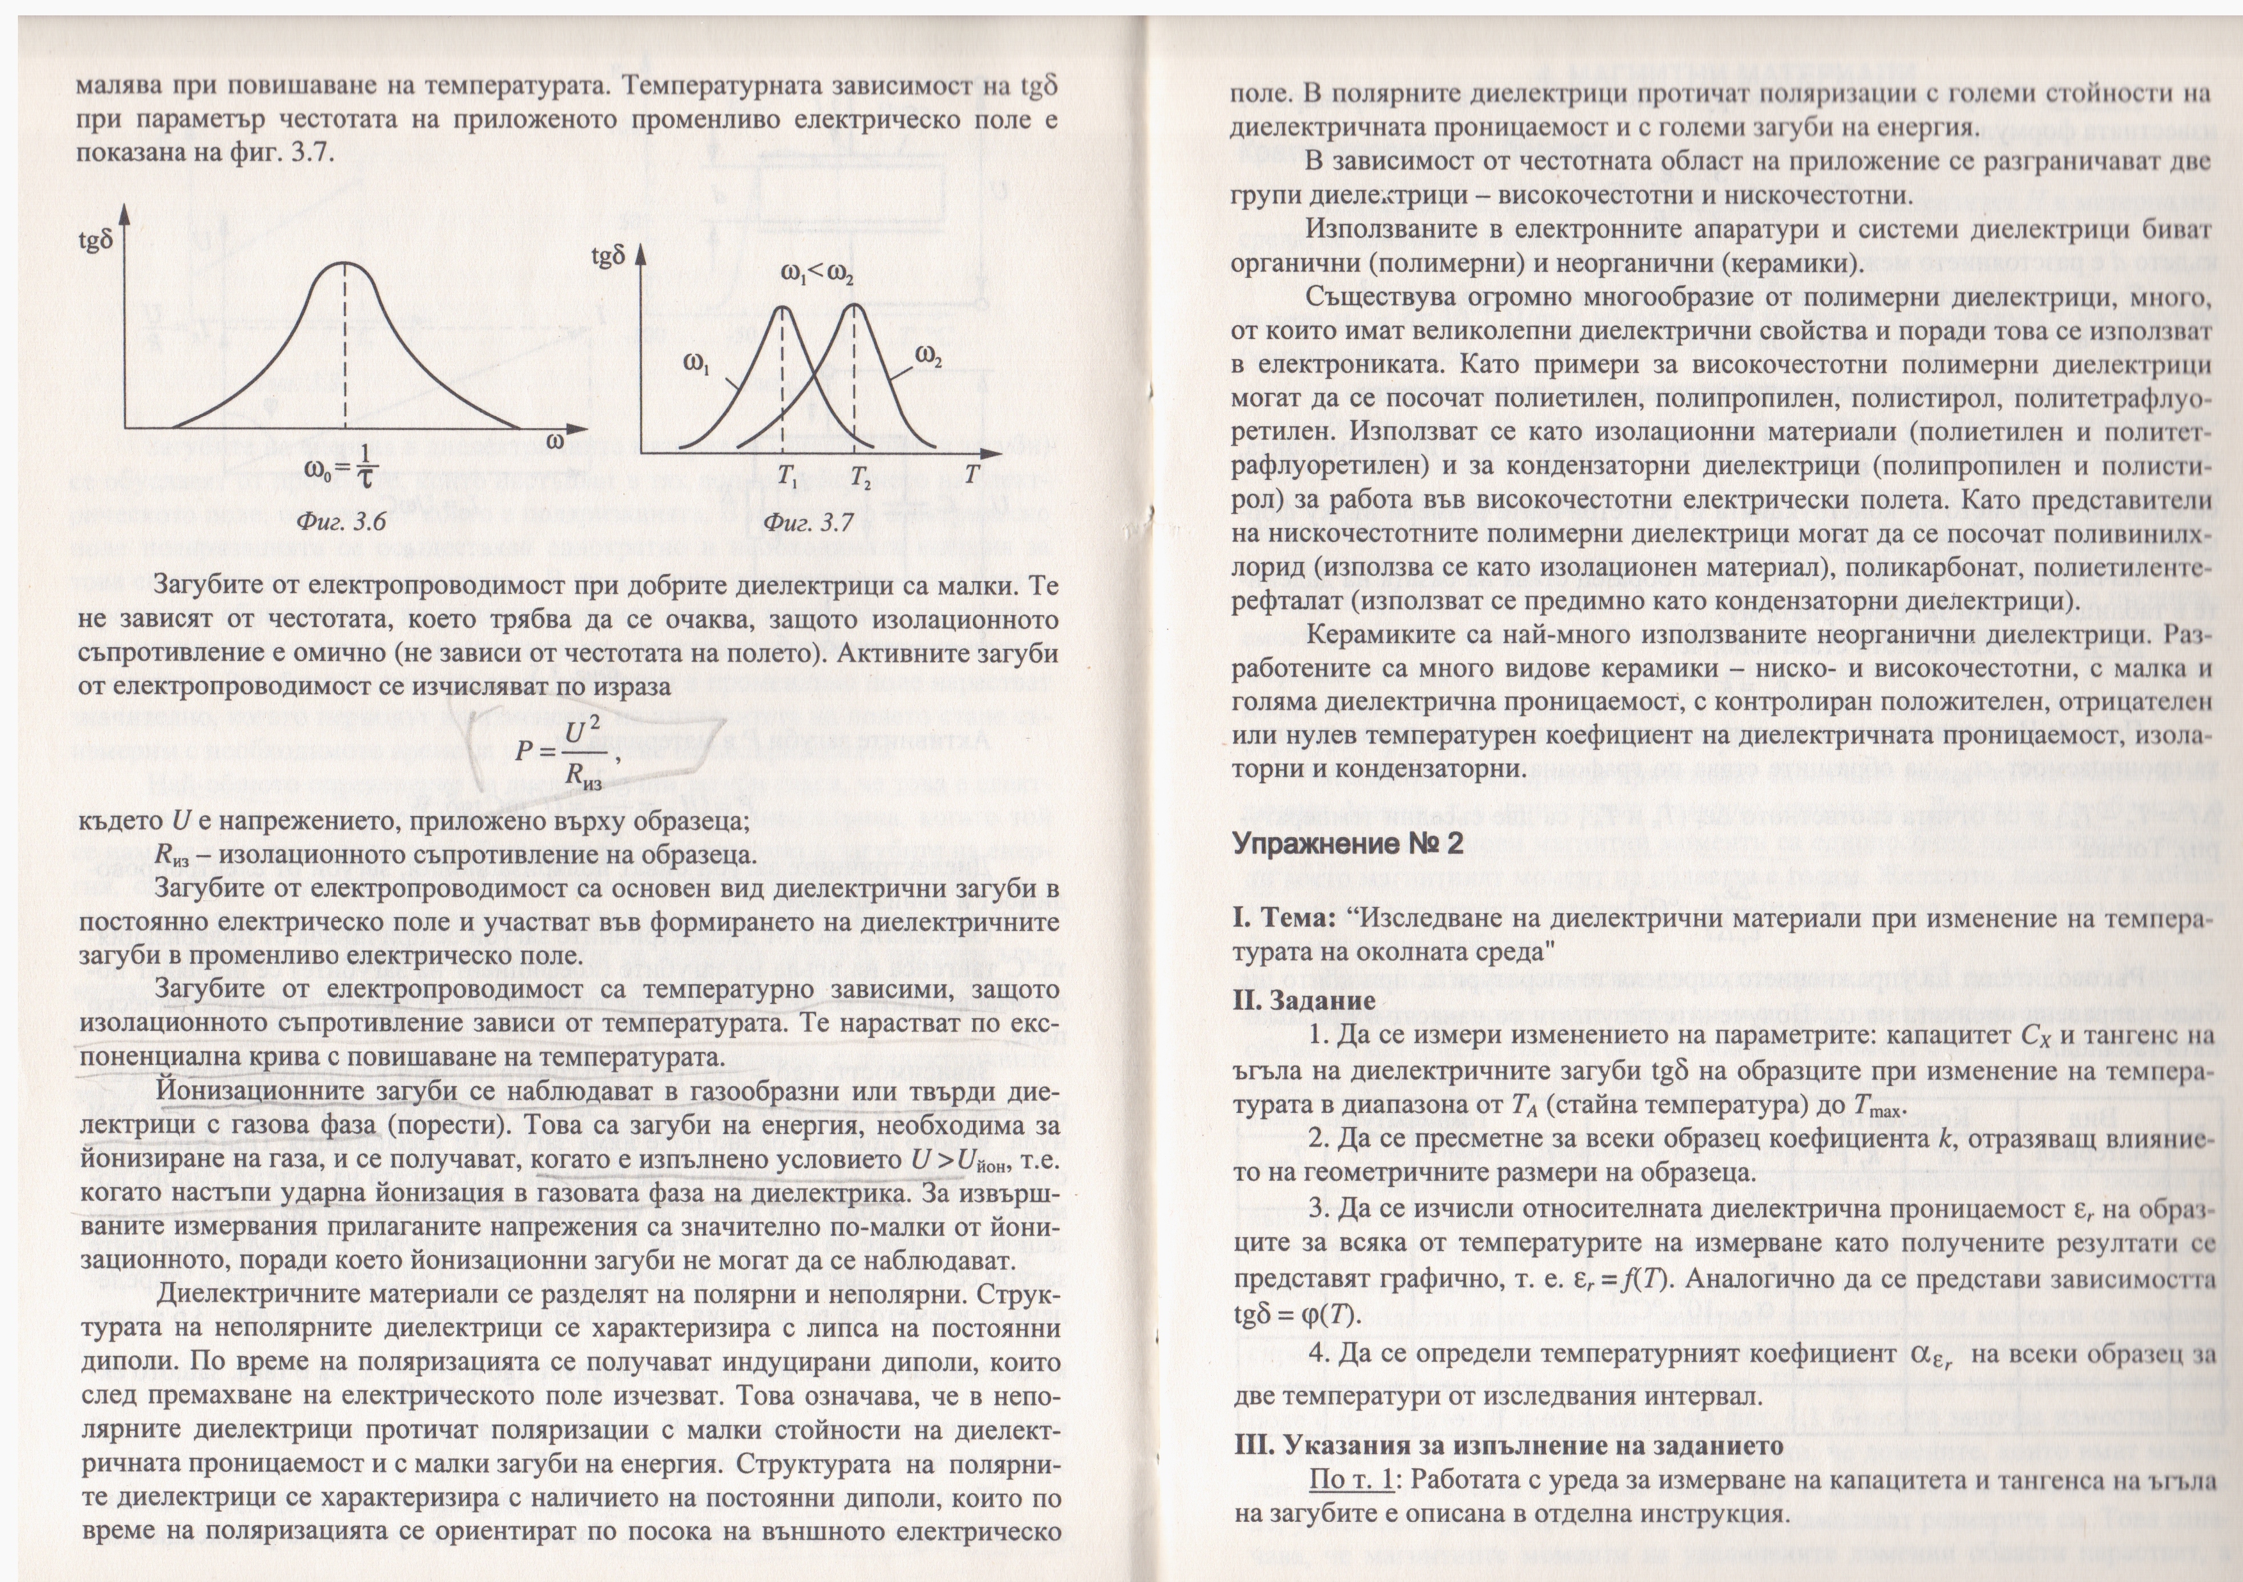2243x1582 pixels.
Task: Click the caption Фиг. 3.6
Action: point(342,522)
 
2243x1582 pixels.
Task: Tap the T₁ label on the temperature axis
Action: point(787,479)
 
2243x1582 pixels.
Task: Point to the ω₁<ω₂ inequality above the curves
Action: point(817,275)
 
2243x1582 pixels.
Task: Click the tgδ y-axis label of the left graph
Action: point(96,239)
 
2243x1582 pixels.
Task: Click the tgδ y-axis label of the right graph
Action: point(607,257)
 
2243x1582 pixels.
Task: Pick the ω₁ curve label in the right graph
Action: point(696,364)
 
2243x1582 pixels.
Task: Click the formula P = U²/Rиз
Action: point(567,753)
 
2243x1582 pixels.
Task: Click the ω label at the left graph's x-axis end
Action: point(554,442)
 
